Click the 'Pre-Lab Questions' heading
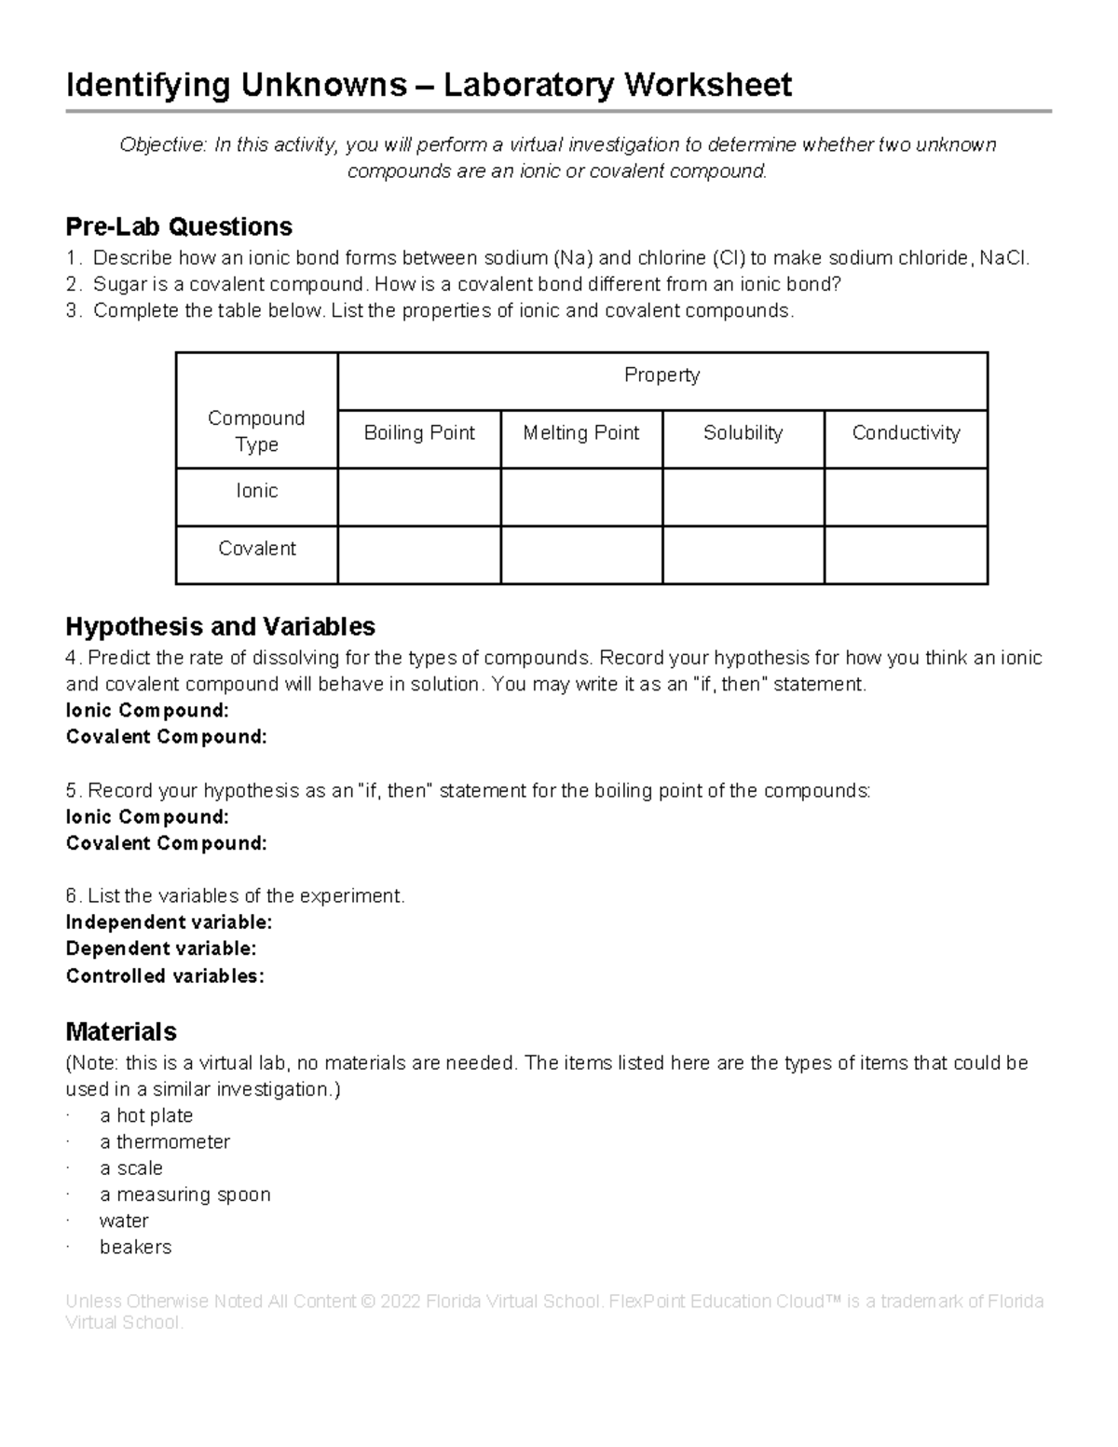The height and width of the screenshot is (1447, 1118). click(179, 226)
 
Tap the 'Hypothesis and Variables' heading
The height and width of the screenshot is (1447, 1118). click(220, 626)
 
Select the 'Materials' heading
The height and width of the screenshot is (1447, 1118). click(121, 1031)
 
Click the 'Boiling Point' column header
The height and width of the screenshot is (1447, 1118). click(419, 433)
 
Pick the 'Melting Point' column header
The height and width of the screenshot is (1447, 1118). click(581, 433)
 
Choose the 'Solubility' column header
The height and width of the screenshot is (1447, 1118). click(743, 433)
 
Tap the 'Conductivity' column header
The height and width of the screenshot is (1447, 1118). click(906, 433)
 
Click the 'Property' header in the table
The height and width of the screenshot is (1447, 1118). click(661, 375)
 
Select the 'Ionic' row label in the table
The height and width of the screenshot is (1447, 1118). click(256, 491)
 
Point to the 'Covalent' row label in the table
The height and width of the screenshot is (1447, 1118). click(256, 549)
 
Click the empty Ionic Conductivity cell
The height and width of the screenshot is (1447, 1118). click(906, 497)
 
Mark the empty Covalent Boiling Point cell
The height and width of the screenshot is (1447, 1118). click(419, 554)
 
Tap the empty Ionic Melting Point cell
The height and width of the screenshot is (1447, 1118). click(581, 497)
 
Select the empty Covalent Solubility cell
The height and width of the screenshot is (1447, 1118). click(743, 554)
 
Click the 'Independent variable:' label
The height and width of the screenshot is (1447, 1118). click(169, 922)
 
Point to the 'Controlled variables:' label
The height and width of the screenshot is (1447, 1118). click(165, 976)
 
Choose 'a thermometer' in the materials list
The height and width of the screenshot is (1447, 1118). click(164, 1142)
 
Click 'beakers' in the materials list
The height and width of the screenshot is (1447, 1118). click(135, 1248)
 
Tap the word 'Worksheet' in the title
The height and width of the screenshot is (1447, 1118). click(708, 86)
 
